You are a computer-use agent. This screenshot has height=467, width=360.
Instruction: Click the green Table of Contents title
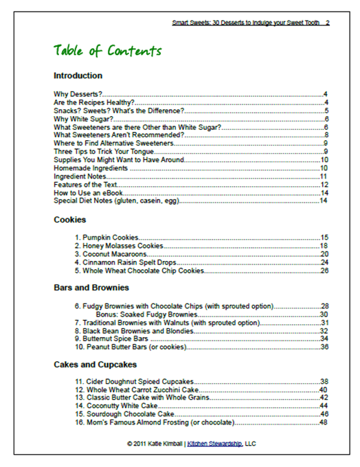pos(107,52)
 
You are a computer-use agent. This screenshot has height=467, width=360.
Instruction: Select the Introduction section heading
pos(78,76)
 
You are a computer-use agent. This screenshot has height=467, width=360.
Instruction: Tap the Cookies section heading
pos(69,220)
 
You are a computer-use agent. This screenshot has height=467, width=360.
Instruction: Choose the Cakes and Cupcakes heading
pos(95,364)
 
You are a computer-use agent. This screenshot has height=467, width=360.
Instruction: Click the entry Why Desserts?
pos(77,93)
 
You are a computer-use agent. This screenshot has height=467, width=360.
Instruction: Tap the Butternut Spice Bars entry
pos(113,339)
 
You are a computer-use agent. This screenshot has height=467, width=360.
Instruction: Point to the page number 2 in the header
pos(328,23)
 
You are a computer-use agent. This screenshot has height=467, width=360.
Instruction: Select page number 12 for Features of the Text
pos(324,185)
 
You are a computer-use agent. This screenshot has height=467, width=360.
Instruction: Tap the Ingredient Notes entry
pos(80,176)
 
